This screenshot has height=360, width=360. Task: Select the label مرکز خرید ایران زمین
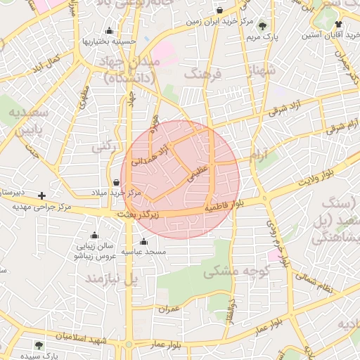click(219, 22)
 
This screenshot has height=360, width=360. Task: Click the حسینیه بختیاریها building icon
click(109, 31)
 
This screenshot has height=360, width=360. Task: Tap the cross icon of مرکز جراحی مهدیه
click(42, 195)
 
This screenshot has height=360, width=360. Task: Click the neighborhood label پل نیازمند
click(112, 279)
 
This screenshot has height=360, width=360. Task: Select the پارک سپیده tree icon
click(39, 345)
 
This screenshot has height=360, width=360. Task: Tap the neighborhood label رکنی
click(103, 147)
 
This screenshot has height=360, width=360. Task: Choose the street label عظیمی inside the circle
click(198, 174)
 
